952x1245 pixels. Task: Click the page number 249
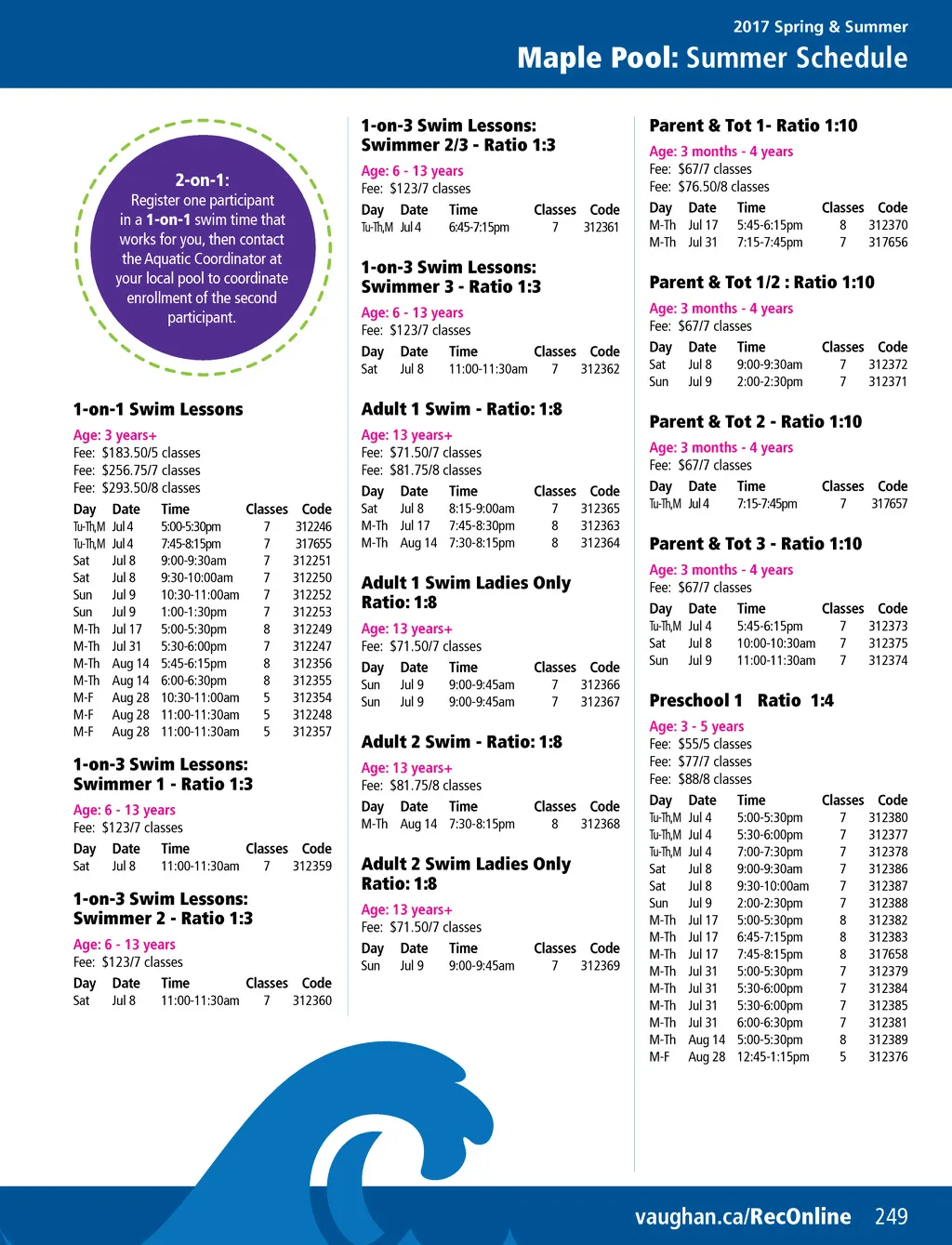click(x=891, y=1216)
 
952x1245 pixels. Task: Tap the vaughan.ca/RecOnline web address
click(x=742, y=1216)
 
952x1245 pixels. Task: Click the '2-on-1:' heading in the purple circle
click(x=202, y=179)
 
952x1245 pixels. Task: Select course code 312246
click(x=313, y=526)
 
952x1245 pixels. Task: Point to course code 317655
click(x=313, y=544)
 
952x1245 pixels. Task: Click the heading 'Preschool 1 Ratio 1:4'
click(x=741, y=700)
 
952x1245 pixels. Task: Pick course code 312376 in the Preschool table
click(x=888, y=1057)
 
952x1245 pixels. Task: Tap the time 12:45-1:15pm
click(x=773, y=1057)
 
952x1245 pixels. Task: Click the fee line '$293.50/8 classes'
click(x=137, y=488)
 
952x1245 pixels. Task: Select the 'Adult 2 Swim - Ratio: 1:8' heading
click(x=461, y=742)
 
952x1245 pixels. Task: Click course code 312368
click(x=600, y=824)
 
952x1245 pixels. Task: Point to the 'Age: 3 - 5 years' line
click(x=696, y=726)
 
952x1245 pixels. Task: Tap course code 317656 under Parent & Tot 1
click(x=888, y=243)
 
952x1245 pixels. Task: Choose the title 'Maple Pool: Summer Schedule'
click(x=712, y=58)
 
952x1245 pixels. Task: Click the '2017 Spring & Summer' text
click(x=820, y=27)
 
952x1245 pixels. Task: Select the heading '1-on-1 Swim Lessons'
click(x=158, y=409)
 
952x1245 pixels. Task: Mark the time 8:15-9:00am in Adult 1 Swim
click(x=482, y=509)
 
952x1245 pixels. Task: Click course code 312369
click(x=600, y=966)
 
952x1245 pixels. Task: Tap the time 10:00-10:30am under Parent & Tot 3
click(x=776, y=643)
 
